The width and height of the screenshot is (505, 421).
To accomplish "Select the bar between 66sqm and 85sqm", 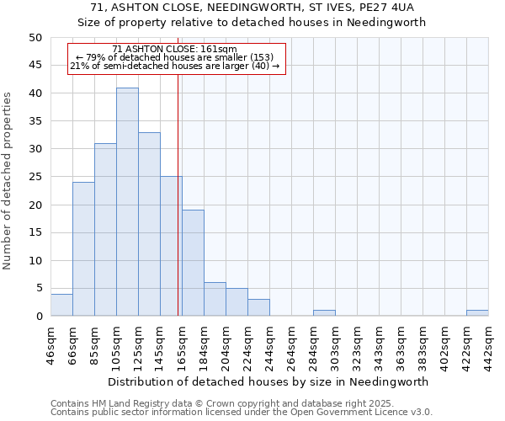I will coord(83,249).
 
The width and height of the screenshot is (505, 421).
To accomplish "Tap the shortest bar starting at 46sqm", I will coord(61,305).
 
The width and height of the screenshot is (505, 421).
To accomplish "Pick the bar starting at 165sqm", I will coord(193,263).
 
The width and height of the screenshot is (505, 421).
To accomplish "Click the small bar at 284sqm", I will coord(324,313).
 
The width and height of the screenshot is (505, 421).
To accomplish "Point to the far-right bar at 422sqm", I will coord(477,313).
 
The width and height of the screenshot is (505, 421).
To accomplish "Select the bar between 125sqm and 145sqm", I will coord(149,224).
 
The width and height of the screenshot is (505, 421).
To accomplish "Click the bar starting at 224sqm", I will coord(258,307).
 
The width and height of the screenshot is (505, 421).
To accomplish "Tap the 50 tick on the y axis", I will coord(35,38).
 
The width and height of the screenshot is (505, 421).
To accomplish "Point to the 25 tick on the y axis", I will coord(35,178).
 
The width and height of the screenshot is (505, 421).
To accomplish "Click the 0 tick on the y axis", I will coord(38,317).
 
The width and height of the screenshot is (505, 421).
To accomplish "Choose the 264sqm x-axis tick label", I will coord(291,345).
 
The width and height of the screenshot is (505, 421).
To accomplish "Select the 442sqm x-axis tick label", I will coord(488,345).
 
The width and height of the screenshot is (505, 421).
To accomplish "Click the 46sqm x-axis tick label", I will coord(50,345).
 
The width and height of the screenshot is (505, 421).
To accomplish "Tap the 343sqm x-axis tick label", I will coord(379,345).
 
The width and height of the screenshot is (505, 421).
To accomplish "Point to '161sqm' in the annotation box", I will coord(221,50).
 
